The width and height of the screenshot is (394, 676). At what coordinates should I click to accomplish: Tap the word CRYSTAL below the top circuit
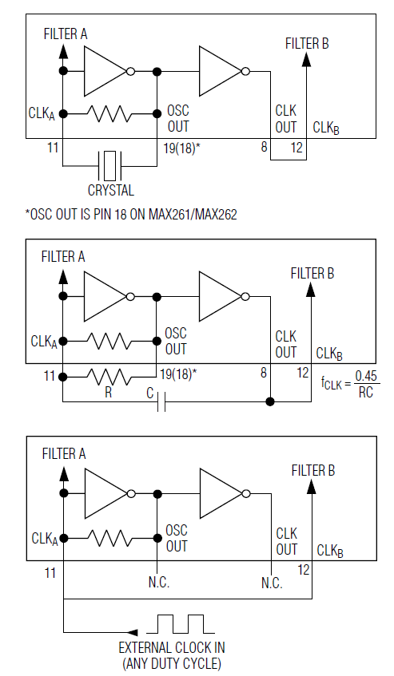[110, 191]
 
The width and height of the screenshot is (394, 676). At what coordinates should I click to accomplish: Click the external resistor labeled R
[109, 376]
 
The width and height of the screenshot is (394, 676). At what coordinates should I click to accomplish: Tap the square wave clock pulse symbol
[180, 623]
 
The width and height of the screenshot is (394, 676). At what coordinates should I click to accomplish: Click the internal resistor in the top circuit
[109, 113]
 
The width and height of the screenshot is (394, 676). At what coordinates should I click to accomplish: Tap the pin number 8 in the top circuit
[263, 147]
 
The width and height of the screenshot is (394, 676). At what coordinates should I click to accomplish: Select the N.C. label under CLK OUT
[271, 583]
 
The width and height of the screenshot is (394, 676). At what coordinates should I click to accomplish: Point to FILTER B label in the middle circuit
[312, 274]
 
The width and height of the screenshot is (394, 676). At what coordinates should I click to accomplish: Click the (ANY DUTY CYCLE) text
[171, 663]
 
